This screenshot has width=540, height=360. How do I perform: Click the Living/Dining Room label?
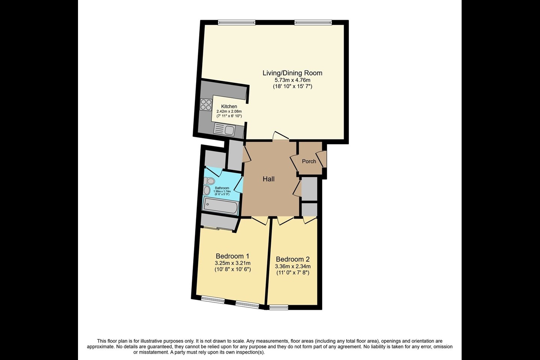tap(292, 73)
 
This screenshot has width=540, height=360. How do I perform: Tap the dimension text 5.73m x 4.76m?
tap(292, 80)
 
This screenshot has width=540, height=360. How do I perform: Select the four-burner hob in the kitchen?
tap(206, 104)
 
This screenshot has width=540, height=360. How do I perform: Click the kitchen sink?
tap(224, 130)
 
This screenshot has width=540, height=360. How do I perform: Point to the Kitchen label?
tap(229, 106)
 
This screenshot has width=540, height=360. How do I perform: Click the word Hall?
tap(268, 179)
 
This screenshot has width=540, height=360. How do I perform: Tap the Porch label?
tap(309, 161)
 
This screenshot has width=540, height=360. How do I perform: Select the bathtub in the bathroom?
tap(220, 207)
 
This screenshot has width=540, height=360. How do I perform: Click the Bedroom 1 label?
tap(232, 256)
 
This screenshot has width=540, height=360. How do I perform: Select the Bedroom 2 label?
tap(292, 259)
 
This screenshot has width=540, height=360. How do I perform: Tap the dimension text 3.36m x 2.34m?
tap(292, 266)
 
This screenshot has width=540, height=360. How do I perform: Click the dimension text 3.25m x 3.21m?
tap(232, 263)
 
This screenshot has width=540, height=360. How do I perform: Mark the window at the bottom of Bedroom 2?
tap(279, 307)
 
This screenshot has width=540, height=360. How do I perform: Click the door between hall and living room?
tap(280, 136)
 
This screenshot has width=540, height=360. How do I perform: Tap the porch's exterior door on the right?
tap(322, 159)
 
